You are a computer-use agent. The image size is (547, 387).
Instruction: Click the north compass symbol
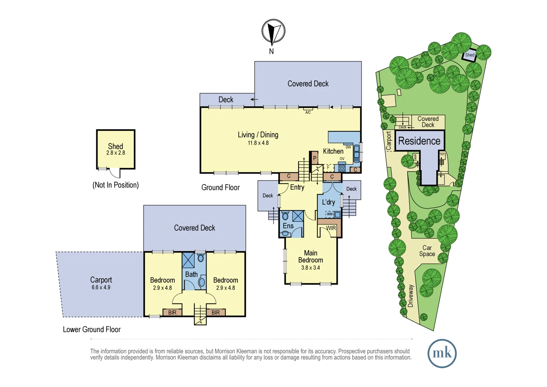[x=273, y=32]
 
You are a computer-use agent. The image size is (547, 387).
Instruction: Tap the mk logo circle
[x=442, y=353]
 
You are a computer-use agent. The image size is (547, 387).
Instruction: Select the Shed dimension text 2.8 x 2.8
[x=116, y=153]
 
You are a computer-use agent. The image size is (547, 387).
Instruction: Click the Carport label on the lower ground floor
[x=101, y=280]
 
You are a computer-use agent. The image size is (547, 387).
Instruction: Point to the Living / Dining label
[x=258, y=135]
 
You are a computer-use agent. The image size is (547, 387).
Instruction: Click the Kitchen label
[x=333, y=151]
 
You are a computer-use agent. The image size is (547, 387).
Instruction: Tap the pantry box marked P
[x=314, y=158]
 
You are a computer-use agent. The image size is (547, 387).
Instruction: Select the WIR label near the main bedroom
[x=331, y=228]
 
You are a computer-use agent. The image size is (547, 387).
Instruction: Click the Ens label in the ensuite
[x=288, y=226]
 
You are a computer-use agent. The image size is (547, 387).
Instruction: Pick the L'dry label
[x=328, y=202]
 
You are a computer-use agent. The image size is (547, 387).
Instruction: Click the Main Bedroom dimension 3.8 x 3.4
[x=310, y=268]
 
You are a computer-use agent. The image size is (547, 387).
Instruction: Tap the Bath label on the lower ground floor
[x=191, y=274]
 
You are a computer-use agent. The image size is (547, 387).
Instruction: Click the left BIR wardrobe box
[x=172, y=312]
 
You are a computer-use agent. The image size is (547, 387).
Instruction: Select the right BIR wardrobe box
[x=216, y=312]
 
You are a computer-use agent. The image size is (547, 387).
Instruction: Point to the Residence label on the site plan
[x=419, y=141]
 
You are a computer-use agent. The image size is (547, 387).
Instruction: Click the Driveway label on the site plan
[x=411, y=296]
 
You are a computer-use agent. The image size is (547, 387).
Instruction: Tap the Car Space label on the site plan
[x=427, y=251]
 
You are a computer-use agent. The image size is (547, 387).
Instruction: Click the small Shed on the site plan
[x=469, y=55]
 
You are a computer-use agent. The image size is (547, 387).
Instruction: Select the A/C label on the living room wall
[x=308, y=113]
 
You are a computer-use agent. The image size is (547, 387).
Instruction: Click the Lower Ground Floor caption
[x=92, y=330]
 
